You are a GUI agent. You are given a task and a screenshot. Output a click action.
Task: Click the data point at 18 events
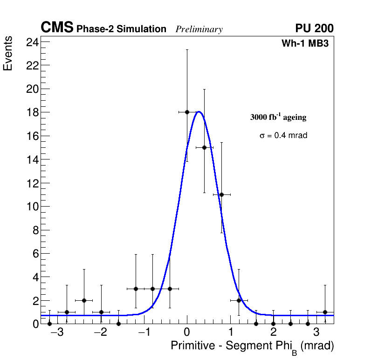coord(187,112)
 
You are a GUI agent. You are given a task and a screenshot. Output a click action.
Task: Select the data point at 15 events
coord(204,147)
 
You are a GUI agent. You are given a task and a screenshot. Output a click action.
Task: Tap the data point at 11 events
coord(221,194)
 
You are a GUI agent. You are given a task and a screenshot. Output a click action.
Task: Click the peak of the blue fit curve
coord(199,111)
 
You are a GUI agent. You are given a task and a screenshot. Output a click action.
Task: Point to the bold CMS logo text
coord(57,28)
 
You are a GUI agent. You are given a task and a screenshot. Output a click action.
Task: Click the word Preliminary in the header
coord(199,29)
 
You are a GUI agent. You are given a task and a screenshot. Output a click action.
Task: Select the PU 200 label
coord(314,28)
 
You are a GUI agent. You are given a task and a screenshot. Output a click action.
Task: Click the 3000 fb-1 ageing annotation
coord(278,117)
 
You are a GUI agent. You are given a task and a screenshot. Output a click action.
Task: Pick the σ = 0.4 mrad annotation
coord(283,136)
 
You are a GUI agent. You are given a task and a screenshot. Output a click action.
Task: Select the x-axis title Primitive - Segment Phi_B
coord(252,346)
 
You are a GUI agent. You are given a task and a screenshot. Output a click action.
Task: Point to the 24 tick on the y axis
coord(32,42)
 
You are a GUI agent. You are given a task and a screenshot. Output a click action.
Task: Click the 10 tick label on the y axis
coord(32,207)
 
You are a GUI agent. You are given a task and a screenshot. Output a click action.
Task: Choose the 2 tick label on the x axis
coord(273,333)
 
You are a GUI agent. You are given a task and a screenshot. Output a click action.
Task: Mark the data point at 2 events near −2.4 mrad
coord(84,300)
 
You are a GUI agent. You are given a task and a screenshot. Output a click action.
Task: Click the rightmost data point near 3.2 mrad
coord(325,312)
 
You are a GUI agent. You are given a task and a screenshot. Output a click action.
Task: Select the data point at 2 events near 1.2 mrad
coord(239,300)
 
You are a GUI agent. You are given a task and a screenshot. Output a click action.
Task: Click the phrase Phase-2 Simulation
coord(121,29)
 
